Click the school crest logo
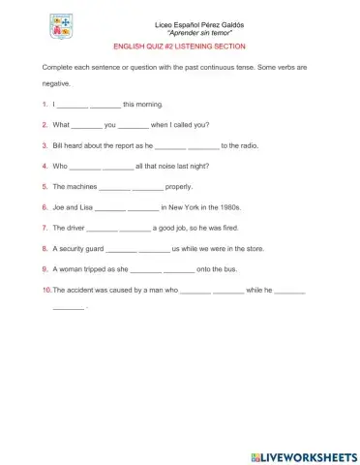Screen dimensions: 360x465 (x=54, y=26)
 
